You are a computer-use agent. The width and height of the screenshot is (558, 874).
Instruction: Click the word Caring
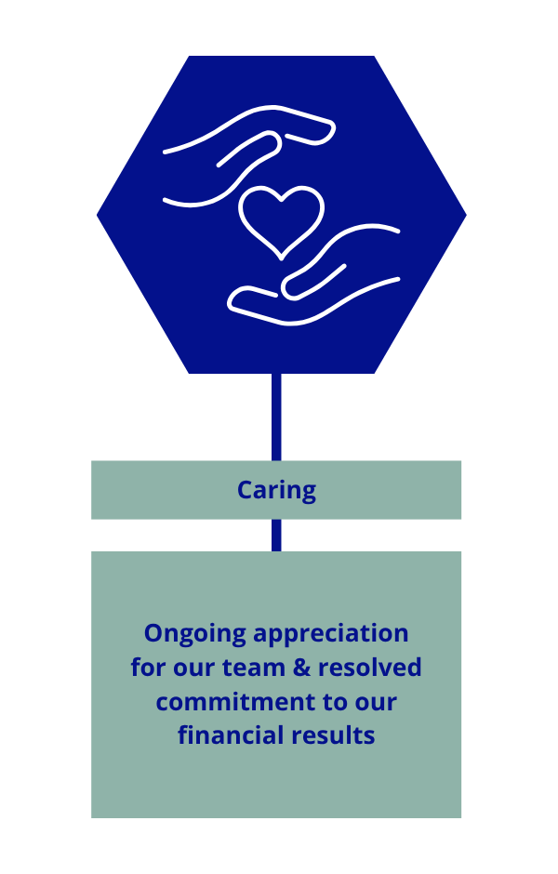coord(276,490)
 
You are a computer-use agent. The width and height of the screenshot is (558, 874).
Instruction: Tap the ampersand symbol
coord(286,668)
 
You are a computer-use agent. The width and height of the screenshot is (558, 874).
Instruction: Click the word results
coord(331,735)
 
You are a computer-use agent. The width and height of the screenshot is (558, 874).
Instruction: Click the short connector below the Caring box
coord(276,535)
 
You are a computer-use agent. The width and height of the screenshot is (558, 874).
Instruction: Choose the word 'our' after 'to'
coord(377,702)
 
